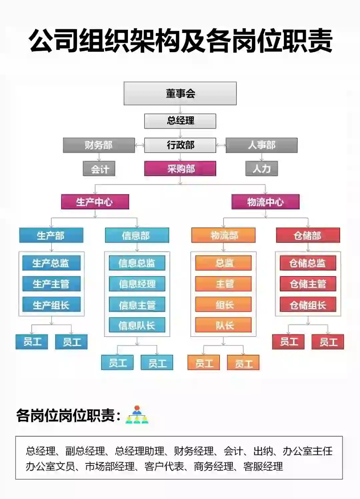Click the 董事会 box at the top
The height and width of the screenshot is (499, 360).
(x=180, y=94)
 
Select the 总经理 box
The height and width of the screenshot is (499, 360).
(x=180, y=121)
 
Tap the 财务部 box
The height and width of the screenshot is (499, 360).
(x=99, y=145)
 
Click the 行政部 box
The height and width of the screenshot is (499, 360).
(x=180, y=145)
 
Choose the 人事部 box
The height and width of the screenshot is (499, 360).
(x=261, y=145)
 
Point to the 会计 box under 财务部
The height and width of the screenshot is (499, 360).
(x=99, y=169)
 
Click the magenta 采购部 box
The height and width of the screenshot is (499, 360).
(x=180, y=169)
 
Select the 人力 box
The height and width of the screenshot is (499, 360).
(x=261, y=169)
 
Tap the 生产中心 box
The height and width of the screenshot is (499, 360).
(x=95, y=202)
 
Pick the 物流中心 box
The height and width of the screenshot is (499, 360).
(x=265, y=202)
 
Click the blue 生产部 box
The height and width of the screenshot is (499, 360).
(x=51, y=236)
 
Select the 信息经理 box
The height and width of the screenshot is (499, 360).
(x=137, y=284)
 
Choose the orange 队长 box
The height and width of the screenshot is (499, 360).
(x=223, y=325)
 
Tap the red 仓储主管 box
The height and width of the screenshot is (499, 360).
(x=308, y=284)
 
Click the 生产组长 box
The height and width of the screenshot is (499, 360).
(x=51, y=305)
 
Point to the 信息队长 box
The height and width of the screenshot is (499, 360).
(x=137, y=325)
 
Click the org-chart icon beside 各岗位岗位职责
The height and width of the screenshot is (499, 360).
(x=137, y=415)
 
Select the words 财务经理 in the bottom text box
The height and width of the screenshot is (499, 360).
(x=193, y=451)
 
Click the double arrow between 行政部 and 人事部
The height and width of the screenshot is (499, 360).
(x=221, y=145)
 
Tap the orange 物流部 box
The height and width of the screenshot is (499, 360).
(x=223, y=236)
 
